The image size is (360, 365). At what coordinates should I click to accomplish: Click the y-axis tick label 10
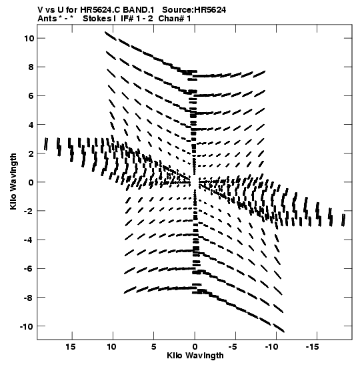click(29, 39)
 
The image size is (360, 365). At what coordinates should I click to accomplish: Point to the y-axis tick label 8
click(31, 67)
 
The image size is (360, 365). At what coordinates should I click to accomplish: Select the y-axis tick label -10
click(27, 326)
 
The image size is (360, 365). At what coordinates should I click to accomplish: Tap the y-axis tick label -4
click(29, 240)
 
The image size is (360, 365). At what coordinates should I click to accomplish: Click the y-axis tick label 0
click(31, 182)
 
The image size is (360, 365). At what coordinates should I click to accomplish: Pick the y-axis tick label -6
click(29, 269)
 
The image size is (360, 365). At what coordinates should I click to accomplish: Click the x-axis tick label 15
click(71, 347)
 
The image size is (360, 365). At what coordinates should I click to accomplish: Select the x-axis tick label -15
click(312, 347)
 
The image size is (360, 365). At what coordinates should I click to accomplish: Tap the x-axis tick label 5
click(154, 347)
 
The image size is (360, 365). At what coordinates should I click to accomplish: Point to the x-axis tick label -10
click(271, 347)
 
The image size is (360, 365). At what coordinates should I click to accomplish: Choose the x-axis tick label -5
click(233, 347)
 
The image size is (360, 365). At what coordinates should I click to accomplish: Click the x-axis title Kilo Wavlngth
click(195, 356)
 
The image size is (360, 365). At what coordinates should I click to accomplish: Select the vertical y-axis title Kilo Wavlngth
click(13, 181)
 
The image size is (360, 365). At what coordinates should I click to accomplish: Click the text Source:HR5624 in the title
click(194, 10)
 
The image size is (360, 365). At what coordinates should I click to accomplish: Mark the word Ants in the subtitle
click(47, 19)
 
